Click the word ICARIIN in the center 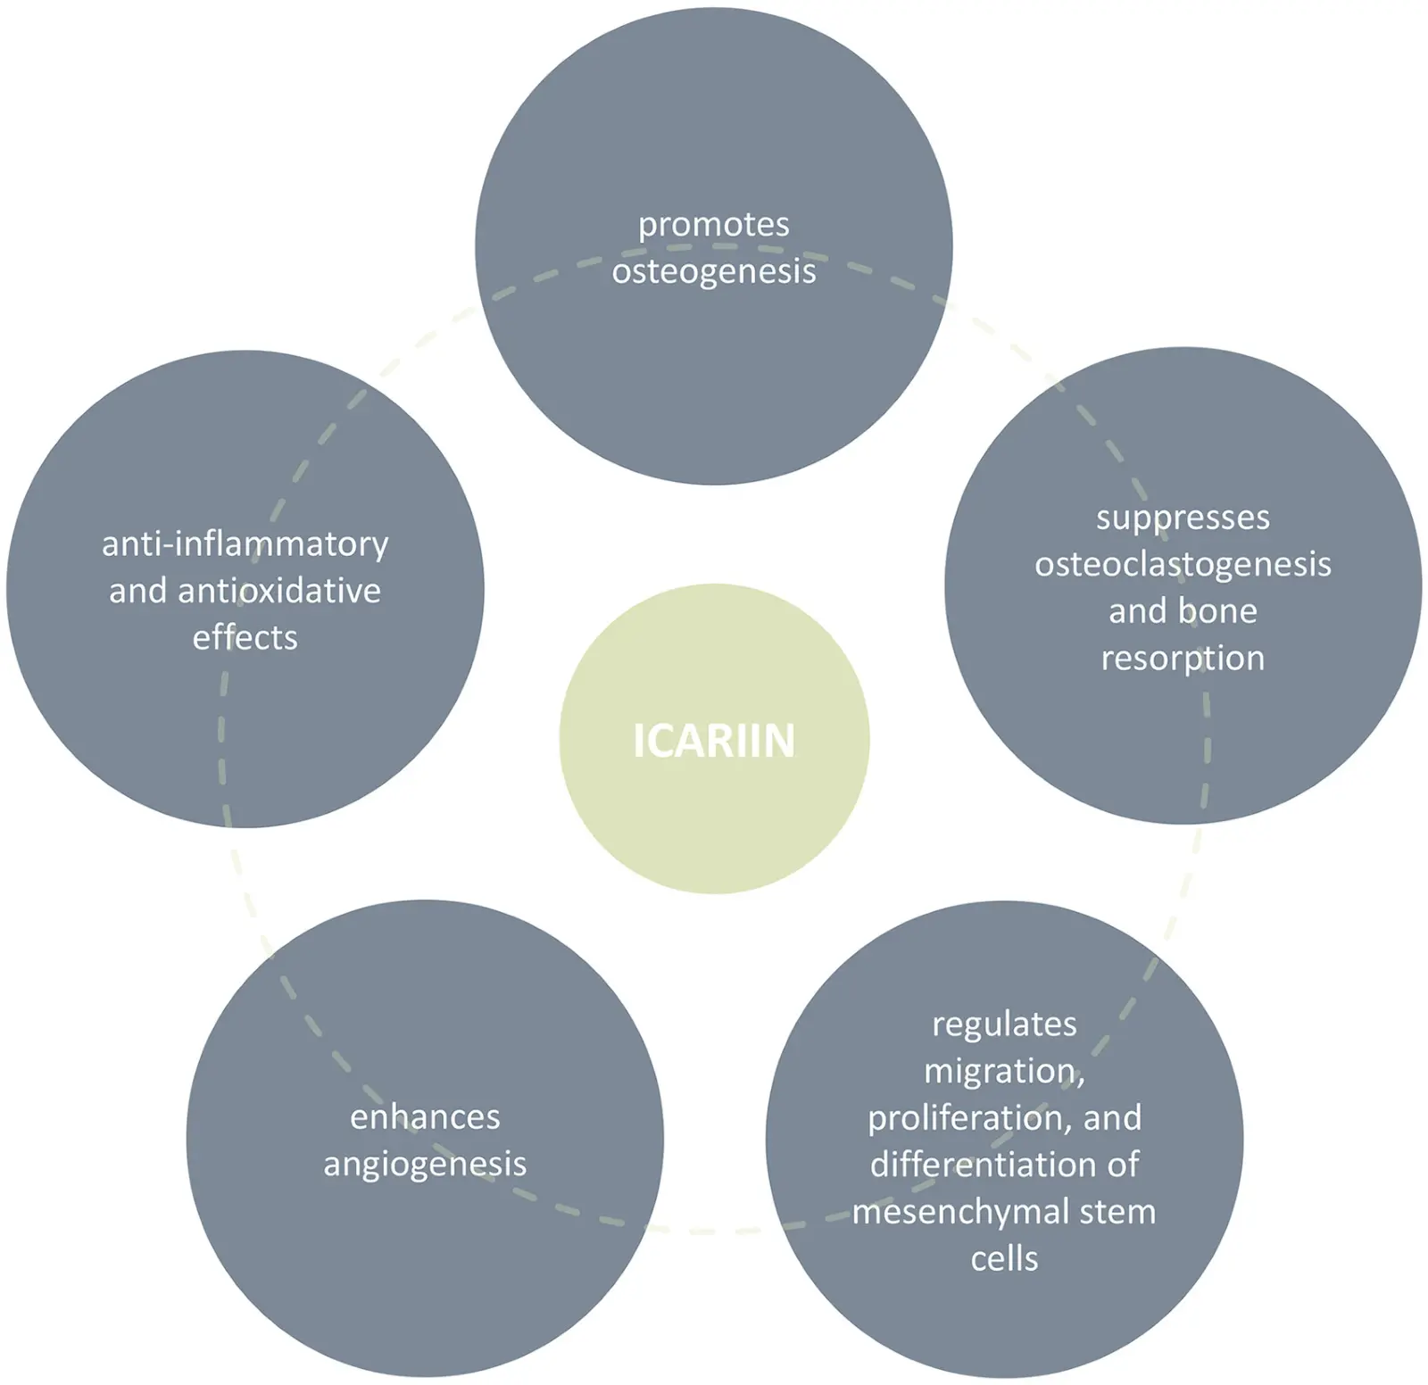click(x=714, y=741)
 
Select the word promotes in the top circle click(x=714, y=225)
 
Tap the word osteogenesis click(x=714, y=271)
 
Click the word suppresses click(x=1183, y=518)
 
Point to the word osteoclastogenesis click(x=1183, y=564)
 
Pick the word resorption click(x=1183, y=659)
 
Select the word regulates click(x=1004, y=1024)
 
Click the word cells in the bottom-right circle click(x=1004, y=1259)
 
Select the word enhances click(x=425, y=1117)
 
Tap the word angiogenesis click(x=425, y=1165)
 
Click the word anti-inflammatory click(x=245, y=543)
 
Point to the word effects click(x=245, y=638)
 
